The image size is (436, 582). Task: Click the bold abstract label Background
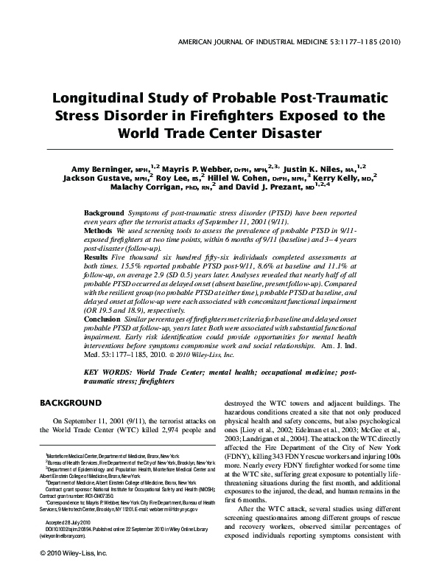coord(104,212)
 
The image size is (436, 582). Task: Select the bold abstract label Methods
coord(99,231)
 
